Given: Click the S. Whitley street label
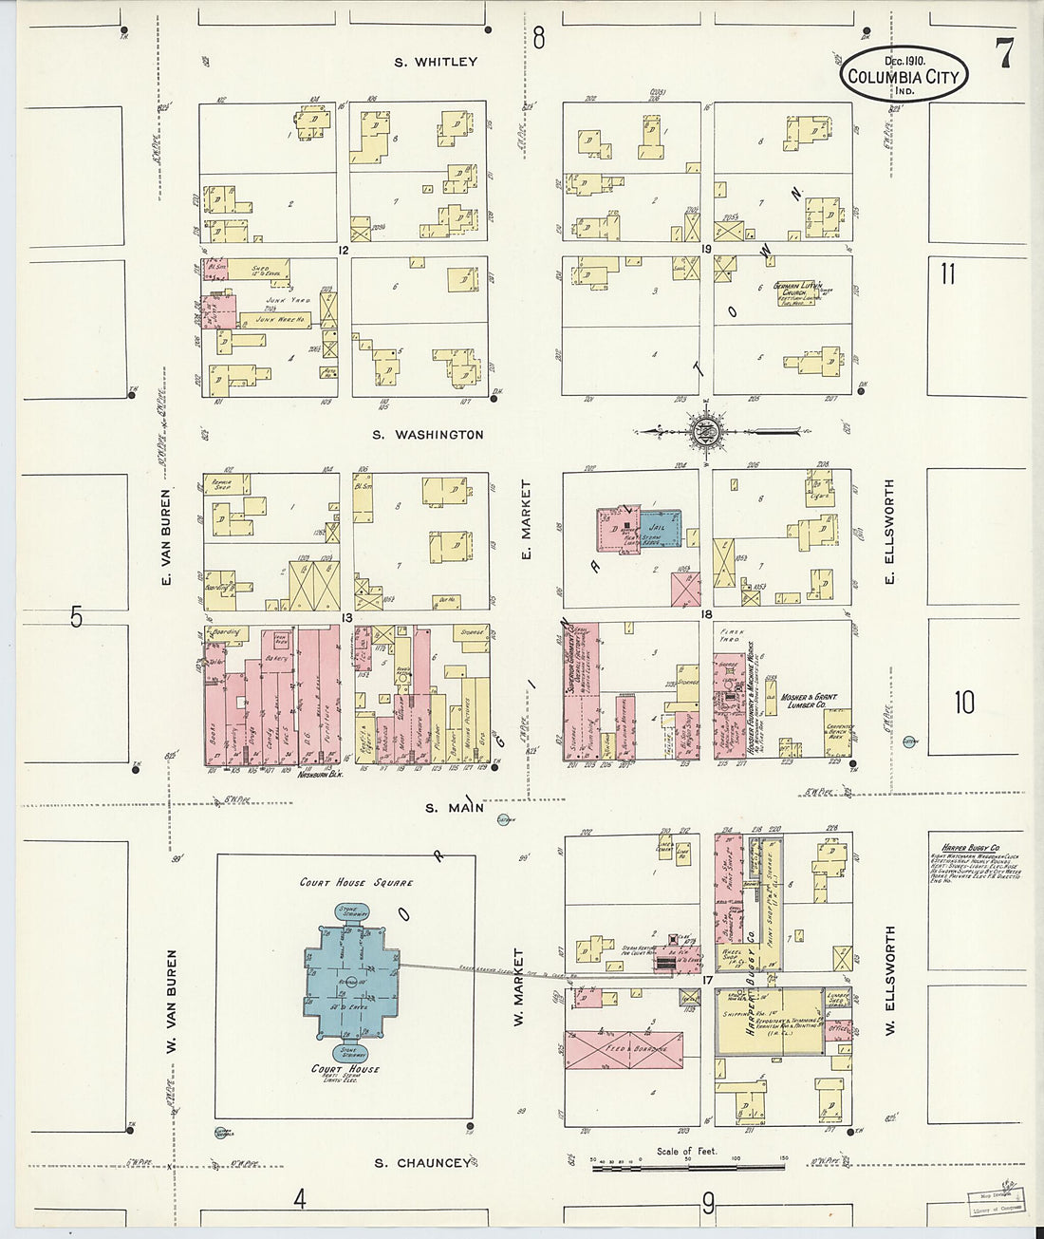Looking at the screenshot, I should (x=436, y=62).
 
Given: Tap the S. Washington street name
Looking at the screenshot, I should (x=427, y=435).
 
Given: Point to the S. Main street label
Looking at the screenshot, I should (x=454, y=808).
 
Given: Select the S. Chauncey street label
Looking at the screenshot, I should (x=421, y=1163).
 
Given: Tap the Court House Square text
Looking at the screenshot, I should (x=356, y=882).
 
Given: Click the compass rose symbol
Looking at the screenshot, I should (x=707, y=432).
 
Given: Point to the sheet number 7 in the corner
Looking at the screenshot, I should (x=1002, y=55).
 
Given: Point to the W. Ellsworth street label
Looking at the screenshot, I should (x=890, y=980).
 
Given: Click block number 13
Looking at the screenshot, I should (x=347, y=618).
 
